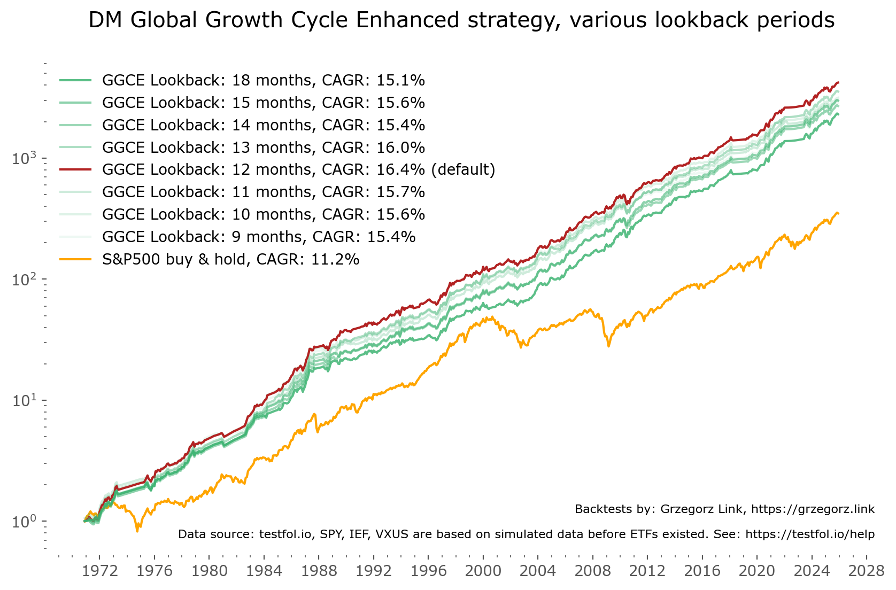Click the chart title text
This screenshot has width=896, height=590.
click(461, 20)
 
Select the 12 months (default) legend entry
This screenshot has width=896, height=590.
click(298, 169)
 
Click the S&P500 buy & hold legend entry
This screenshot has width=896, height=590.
click(230, 259)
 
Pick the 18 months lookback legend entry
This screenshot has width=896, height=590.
click(263, 80)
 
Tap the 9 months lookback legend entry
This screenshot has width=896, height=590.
click(258, 237)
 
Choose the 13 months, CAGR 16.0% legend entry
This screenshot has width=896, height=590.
click(263, 147)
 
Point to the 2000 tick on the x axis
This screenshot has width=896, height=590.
click(483, 571)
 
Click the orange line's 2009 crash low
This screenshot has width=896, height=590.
click(608, 346)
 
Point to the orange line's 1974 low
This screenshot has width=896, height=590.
click(137, 531)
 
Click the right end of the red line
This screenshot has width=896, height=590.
click(838, 82)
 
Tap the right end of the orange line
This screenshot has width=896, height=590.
click(838, 213)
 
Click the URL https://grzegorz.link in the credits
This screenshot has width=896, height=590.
click(813, 509)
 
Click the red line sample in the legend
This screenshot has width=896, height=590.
click(75, 169)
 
